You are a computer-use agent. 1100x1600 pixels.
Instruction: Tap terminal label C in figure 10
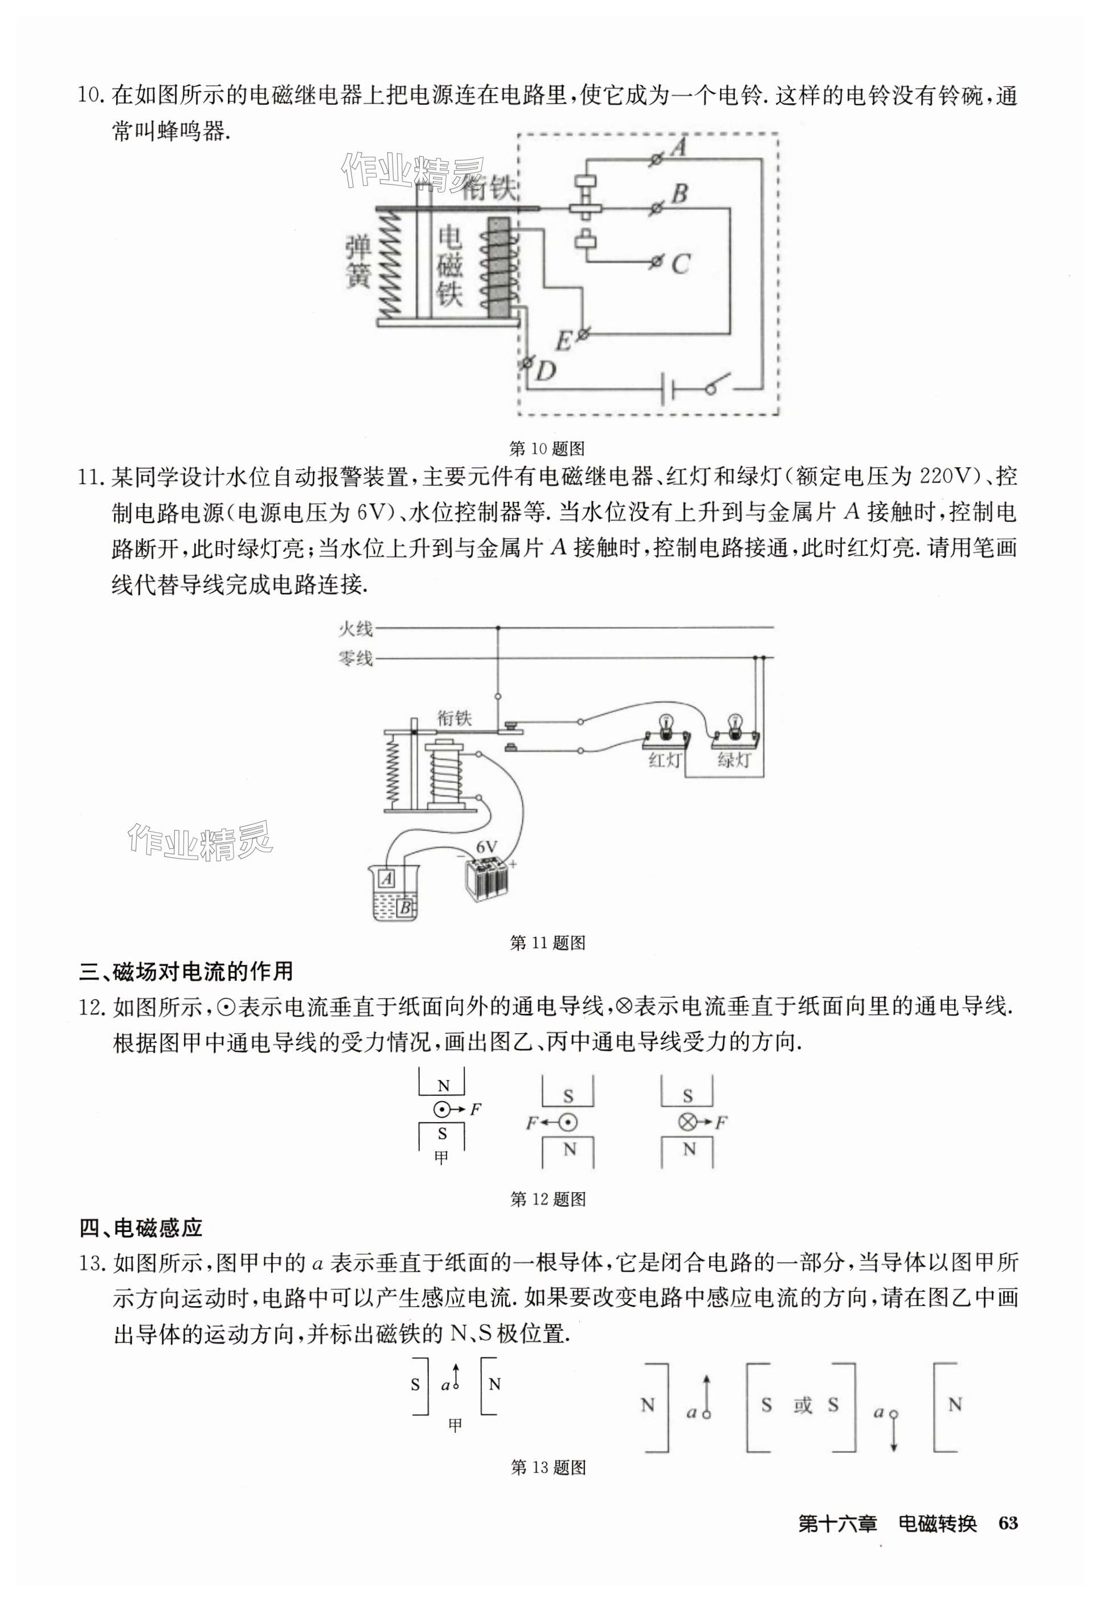tap(680, 265)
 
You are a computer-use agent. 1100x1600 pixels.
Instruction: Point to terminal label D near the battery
tap(546, 372)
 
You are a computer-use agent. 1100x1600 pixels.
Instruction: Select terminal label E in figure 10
tap(563, 341)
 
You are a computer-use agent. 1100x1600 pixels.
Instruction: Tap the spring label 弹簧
tap(358, 262)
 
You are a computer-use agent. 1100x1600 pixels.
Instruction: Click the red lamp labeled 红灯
tap(666, 739)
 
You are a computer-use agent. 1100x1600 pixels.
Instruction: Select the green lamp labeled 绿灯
tap(735, 739)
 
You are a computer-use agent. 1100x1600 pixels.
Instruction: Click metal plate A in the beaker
tap(387, 878)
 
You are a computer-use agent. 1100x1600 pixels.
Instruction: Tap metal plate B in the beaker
tap(405, 907)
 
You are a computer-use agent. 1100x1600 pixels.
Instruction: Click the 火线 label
tap(355, 628)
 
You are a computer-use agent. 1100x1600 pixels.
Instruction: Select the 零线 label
tap(355, 659)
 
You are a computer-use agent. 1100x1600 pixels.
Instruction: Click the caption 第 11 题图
tap(548, 943)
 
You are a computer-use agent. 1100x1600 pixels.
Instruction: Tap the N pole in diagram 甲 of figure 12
tap(443, 1087)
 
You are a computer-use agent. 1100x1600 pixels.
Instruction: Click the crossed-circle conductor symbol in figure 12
tap(686, 1123)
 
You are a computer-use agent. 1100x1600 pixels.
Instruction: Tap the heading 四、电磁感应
tap(141, 1228)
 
